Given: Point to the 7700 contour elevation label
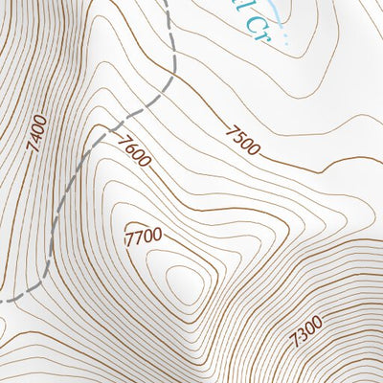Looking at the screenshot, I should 143,235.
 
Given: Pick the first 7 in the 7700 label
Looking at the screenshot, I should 129,237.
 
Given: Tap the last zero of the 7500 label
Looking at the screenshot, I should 254,149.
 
